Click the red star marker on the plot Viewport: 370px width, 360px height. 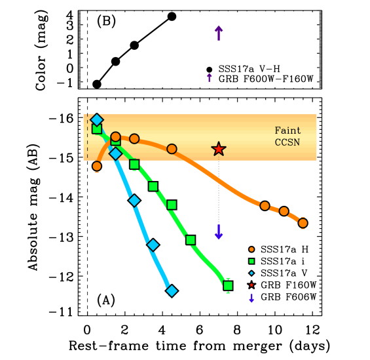[219, 149]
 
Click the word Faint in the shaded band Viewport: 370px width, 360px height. [287, 130]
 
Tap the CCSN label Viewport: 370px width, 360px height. [287, 142]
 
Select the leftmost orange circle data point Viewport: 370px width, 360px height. [97, 166]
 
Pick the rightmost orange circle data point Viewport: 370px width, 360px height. [303, 223]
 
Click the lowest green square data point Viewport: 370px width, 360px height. [228, 285]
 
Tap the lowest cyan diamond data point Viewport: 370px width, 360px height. [172, 290]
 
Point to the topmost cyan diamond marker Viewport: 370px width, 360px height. [97, 119]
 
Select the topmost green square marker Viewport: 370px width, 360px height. [97, 129]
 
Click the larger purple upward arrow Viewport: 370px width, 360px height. [219, 32]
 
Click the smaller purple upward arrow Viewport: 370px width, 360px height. [210, 77]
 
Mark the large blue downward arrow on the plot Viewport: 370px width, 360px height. [219, 232]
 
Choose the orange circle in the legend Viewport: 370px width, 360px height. [251, 249]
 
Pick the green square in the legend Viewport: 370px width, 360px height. [251, 261]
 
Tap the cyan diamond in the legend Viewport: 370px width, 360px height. [251, 273]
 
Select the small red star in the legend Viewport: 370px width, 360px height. [251, 285]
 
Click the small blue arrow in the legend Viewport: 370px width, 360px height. [251, 298]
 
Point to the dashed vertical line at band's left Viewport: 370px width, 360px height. [87, 137]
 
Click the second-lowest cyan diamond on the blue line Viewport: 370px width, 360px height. [153, 245]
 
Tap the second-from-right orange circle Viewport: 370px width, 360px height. [284, 211]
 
